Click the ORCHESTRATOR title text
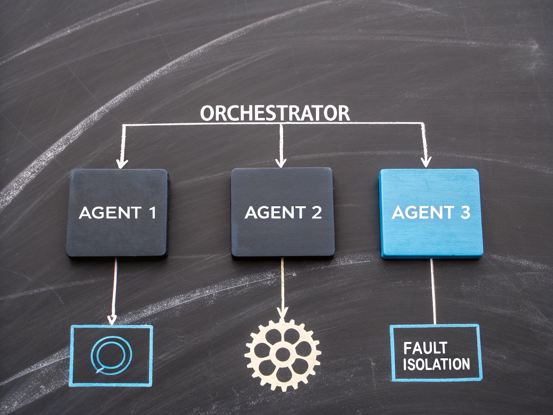click(275, 113)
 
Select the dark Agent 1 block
click(117, 213)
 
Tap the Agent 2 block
click(283, 212)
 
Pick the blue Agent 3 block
click(431, 214)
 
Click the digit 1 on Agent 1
click(152, 212)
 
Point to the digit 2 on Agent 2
click(316, 212)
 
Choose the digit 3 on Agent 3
click(465, 212)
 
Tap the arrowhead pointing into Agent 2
click(281, 162)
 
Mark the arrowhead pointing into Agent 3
click(426, 162)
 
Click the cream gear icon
click(283, 355)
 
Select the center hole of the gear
click(282, 355)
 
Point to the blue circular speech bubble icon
click(111, 356)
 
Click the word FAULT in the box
click(425, 348)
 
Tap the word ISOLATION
click(436, 364)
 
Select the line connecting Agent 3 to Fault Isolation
click(433, 291)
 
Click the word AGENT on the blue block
click(423, 212)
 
